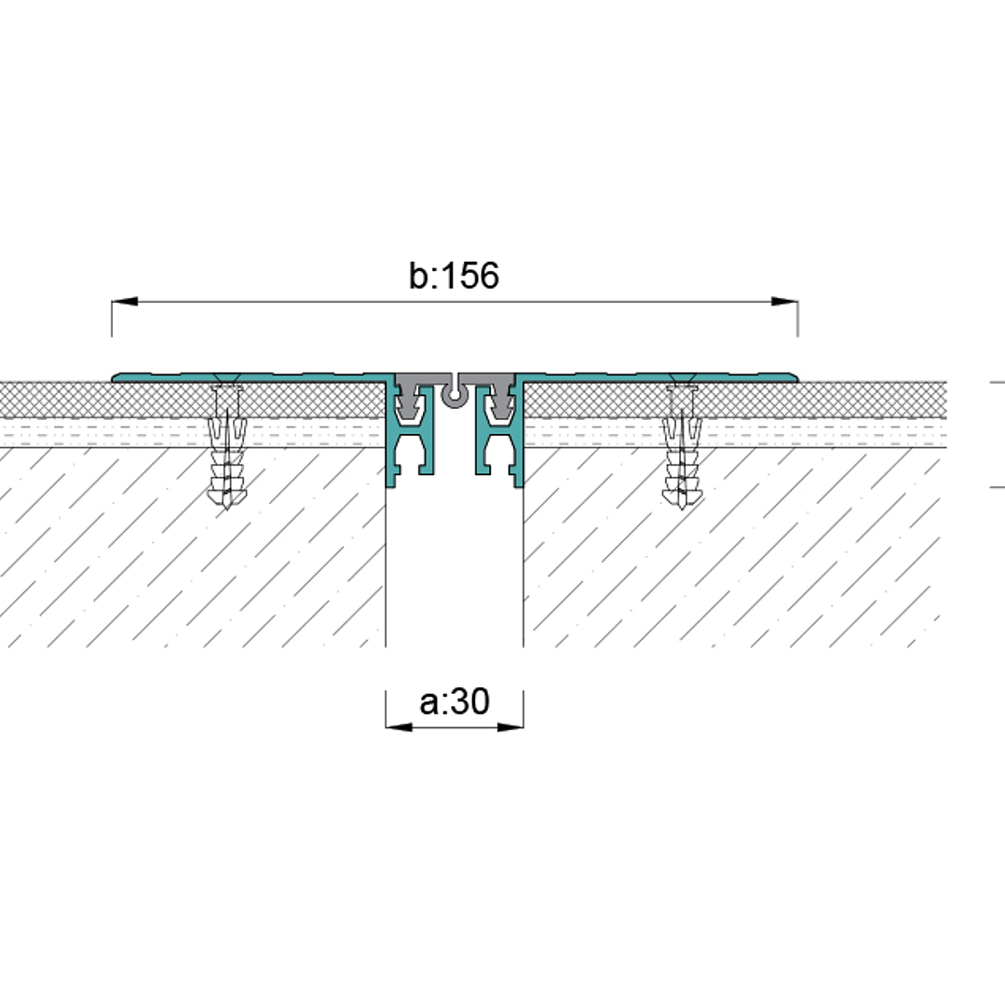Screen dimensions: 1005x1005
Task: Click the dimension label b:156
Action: click(454, 276)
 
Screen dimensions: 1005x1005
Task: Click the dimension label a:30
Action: click(455, 701)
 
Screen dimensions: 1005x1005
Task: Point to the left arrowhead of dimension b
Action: click(125, 301)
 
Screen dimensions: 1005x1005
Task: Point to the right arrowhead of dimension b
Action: click(784, 301)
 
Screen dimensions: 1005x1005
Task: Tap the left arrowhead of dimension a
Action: click(399, 727)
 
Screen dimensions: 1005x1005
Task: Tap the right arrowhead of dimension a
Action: click(510, 727)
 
